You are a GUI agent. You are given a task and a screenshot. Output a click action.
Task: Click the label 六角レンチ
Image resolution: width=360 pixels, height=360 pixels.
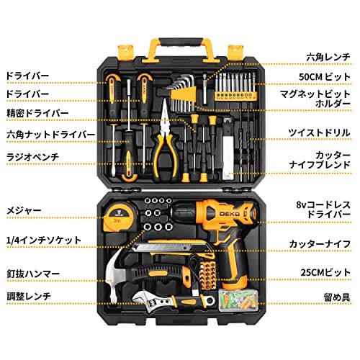328,55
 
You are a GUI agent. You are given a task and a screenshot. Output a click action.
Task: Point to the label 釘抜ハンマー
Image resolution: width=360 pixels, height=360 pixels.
27,274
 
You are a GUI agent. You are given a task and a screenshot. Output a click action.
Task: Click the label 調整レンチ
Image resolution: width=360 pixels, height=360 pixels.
26,295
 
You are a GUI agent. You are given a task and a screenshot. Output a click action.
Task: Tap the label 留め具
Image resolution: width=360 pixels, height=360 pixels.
337,296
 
